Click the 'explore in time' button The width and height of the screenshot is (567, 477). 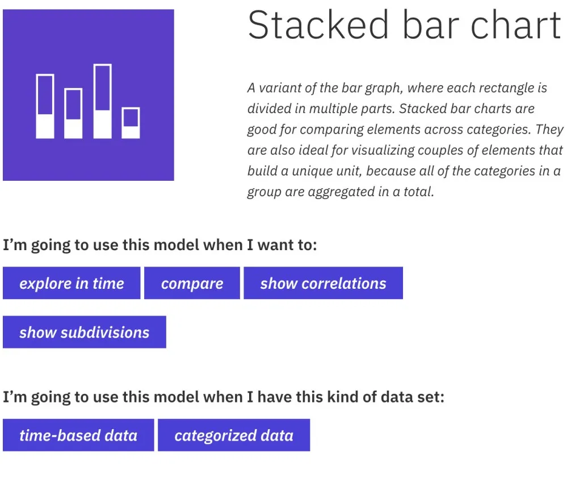72,283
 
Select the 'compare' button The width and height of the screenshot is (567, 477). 192,283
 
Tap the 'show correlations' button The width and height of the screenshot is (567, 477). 324,283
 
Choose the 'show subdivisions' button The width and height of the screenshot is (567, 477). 84,332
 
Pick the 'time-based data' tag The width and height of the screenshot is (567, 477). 78,435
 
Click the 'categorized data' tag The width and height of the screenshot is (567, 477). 234,435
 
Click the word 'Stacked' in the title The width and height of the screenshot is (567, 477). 318,24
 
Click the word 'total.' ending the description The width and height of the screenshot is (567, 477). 418,192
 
